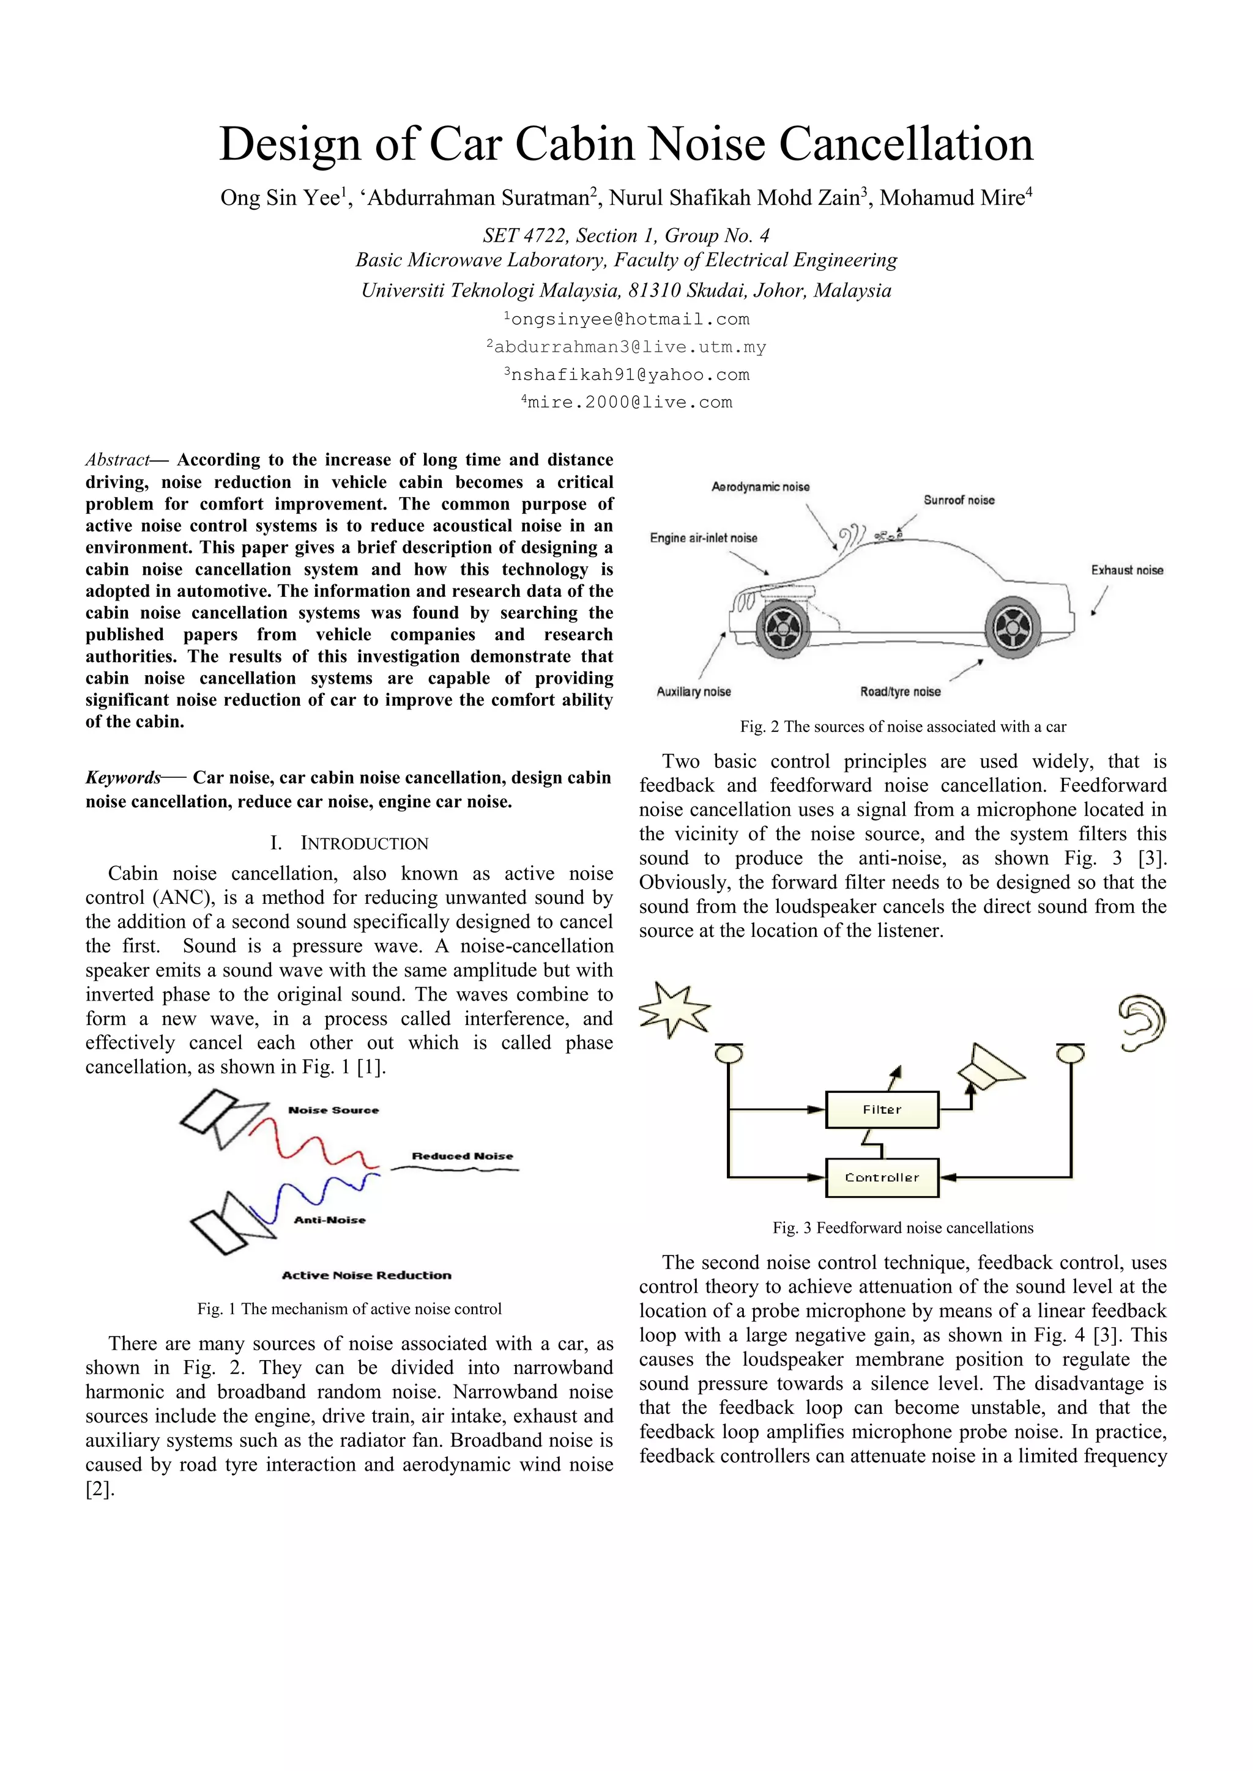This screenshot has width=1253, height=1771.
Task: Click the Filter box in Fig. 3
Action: coord(882,1110)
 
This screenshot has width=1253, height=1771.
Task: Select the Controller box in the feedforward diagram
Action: coord(882,1178)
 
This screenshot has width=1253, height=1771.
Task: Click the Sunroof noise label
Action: coord(959,500)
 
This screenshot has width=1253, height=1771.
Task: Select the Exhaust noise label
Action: coord(1126,570)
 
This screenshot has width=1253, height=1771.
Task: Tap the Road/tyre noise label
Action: coord(901,691)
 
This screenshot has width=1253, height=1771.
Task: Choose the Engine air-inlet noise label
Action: coord(704,538)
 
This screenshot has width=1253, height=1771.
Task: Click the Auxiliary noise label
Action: coord(694,691)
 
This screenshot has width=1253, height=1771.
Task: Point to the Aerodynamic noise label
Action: coord(760,487)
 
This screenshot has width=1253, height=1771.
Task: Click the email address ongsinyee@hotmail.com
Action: coord(630,319)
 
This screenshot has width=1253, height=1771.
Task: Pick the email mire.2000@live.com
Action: coord(629,402)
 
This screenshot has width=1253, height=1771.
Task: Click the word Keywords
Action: coord(124,777)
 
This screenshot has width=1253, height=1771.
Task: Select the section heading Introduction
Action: coord(363,843)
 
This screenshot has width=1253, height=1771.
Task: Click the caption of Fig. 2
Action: coord(902,726)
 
